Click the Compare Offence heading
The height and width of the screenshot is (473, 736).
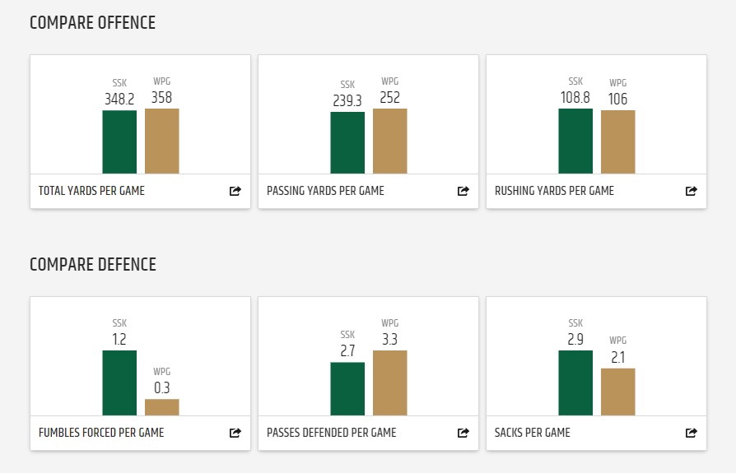pos(92,23)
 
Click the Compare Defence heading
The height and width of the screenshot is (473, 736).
pos(92,265)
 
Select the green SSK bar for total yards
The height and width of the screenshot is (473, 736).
pos(119,141)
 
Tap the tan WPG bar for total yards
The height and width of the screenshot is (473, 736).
pos(162,141)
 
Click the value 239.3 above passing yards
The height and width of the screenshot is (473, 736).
pos(347,100)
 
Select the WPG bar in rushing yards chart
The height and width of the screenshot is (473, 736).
pos(618,141)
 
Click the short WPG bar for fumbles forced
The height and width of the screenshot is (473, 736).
pos(162,407)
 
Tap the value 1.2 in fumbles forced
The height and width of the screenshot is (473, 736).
pos(119,339)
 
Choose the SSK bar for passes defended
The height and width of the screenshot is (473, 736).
pos(347,389)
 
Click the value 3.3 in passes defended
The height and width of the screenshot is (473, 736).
pos(390,339)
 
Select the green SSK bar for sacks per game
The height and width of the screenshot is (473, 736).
pos(575,383)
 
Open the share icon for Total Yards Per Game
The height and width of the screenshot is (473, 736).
pos(235,191)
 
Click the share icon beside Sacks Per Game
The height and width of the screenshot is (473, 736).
pos(692,433)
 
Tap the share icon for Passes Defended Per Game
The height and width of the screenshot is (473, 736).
pos(463,433)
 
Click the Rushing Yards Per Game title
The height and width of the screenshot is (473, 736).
pos(554,191)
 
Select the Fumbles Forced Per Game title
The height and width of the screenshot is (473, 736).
pos(101,433)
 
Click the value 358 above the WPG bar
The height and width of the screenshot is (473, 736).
pos(162,97)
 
